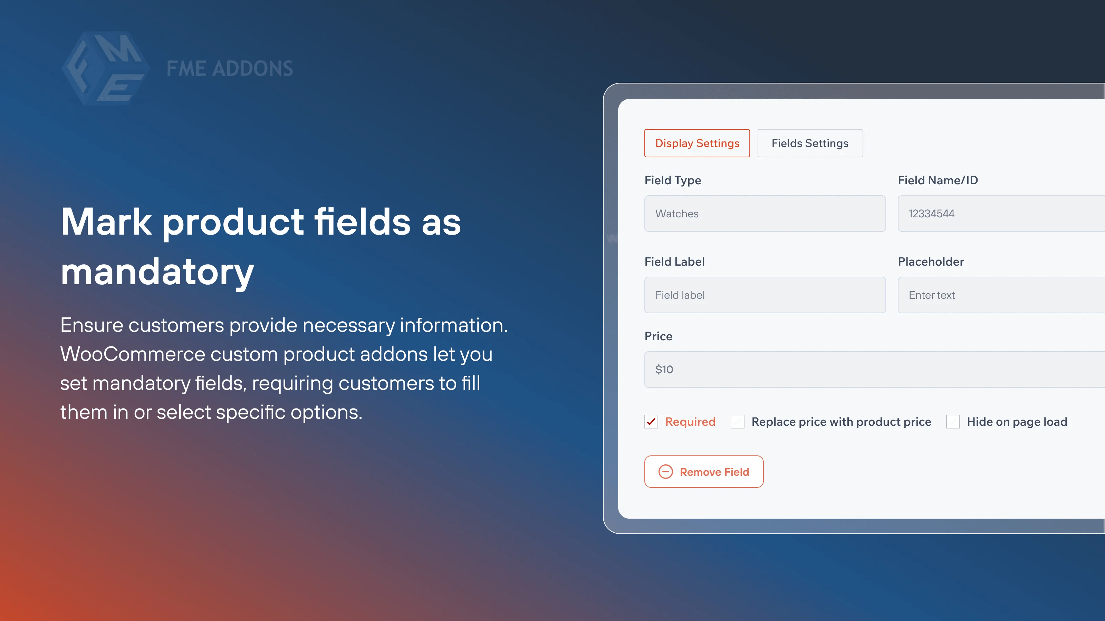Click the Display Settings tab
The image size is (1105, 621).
pos(697,143)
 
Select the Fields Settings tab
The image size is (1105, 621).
pos(810,143)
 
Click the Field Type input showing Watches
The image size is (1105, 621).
pos(765,214)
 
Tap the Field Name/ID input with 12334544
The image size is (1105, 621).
pos(1001,214)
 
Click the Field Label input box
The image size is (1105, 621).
pos(765,295)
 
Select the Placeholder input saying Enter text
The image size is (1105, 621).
pos(1001,295)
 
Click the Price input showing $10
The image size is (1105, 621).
pos(875,369)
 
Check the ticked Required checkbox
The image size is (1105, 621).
pos(651,422)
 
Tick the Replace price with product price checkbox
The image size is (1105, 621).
pos(737,422)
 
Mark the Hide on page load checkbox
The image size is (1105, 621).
pos(953,422)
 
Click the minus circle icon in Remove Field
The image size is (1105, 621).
pos(666,472)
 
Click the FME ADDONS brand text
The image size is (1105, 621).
pos(230,69)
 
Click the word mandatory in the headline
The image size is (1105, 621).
pos(157,272)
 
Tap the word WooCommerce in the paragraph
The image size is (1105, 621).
pos(133,354)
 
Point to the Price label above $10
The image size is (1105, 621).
pos(659,336)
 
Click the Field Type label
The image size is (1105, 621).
pos(673,180)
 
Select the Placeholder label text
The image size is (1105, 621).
pos(931,262)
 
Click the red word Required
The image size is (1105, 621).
pos(690,422)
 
